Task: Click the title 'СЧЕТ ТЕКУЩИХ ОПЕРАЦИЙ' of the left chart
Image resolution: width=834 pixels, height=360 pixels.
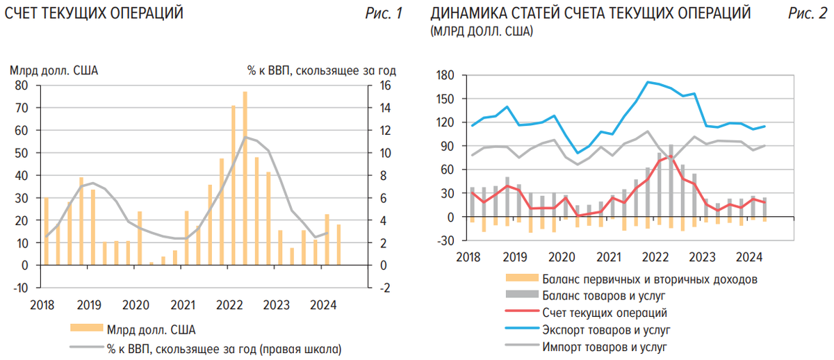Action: coord(94,13)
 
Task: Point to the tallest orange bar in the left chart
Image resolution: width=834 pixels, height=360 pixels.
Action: coord(245,177)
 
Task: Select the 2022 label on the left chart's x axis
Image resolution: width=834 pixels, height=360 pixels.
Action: coord(229,304)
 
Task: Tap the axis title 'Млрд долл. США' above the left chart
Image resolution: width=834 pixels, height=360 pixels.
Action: coord(54,70)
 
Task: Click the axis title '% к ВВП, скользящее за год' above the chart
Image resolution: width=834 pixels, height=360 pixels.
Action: coord(321,70)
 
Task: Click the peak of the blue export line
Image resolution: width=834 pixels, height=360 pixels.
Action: coord(648,82)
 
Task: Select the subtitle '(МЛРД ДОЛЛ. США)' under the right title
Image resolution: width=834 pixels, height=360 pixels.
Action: coord(482,31)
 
